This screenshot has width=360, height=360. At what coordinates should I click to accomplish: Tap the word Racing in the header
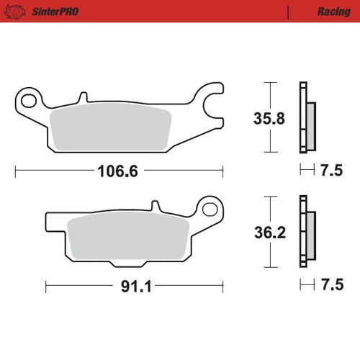coord(333,12)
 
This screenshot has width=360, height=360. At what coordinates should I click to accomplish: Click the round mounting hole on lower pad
coord(210,210)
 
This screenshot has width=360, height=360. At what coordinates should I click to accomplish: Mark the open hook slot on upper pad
coord(214,106)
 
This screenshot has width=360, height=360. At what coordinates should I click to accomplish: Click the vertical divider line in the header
coord(288,12)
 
